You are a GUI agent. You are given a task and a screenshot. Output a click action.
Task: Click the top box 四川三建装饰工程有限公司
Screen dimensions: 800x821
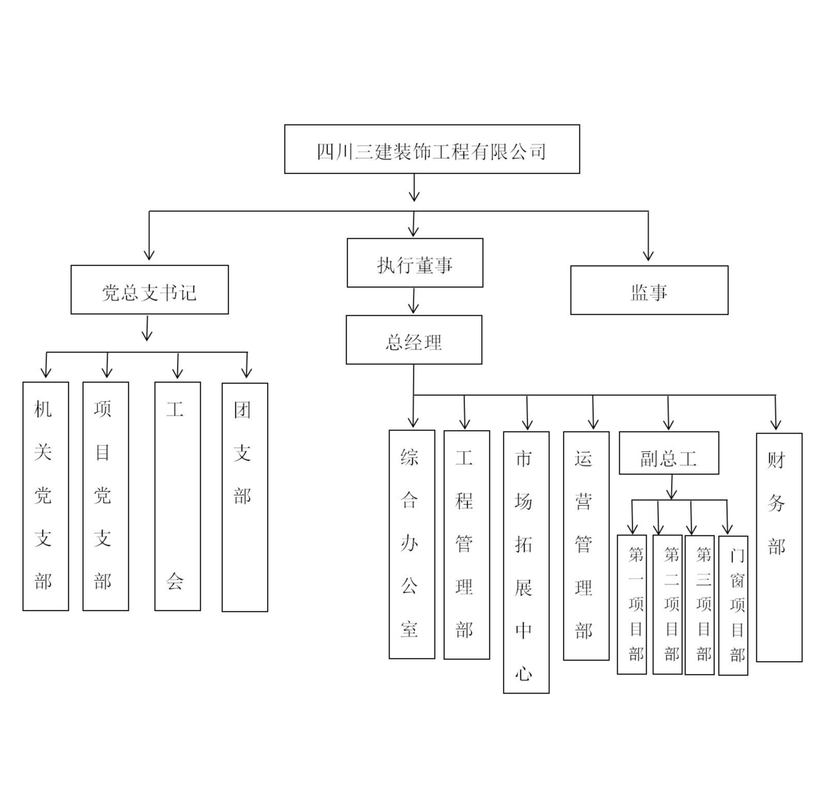click(x=431, y=149)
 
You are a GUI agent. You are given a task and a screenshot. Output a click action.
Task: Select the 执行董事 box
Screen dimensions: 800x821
click(x=414, y=263)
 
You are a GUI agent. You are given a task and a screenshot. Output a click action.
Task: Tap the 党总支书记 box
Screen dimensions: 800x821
click(x=150, y=290)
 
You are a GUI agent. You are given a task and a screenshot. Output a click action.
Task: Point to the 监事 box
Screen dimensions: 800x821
click(x=649, y=290)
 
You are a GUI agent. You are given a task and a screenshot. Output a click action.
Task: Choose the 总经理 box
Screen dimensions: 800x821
click(x=414, y=340)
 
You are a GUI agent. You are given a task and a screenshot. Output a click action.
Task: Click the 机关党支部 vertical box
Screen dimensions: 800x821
click(x=46, y=496)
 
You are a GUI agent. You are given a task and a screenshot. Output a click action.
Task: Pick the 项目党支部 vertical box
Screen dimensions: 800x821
click(x=106, y=496)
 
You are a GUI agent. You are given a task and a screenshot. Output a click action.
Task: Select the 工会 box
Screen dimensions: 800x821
click(x=177, y=496)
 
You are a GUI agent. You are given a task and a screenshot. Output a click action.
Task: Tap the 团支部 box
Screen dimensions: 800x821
click(x=245, y=497)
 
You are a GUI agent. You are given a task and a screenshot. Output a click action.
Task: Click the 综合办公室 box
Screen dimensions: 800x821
click(x=412, y=544)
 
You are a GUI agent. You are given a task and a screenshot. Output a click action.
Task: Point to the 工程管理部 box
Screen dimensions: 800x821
click(x=467, y=545)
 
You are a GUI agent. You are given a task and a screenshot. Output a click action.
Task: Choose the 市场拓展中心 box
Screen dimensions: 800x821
click(x=526, y=562)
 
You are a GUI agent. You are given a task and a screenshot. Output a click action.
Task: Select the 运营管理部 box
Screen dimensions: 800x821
click(x=586, y=546)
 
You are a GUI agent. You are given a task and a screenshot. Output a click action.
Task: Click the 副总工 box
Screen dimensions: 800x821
click(x=669, y=453)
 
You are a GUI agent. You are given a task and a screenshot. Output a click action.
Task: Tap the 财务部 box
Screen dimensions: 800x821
click(x=779, y=547)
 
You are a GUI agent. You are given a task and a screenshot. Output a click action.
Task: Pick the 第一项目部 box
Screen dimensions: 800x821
click(x=632, y=605)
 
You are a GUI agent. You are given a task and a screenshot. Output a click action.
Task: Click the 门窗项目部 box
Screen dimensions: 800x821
click(x=733, y=606)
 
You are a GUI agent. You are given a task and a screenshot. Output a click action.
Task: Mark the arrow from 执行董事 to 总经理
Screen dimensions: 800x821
click(x=413, y=301)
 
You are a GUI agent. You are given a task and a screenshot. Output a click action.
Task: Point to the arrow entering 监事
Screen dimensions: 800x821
click(x=648, y=238)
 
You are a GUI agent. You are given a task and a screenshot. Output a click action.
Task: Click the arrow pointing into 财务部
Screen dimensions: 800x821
click(x=775, y=413)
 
